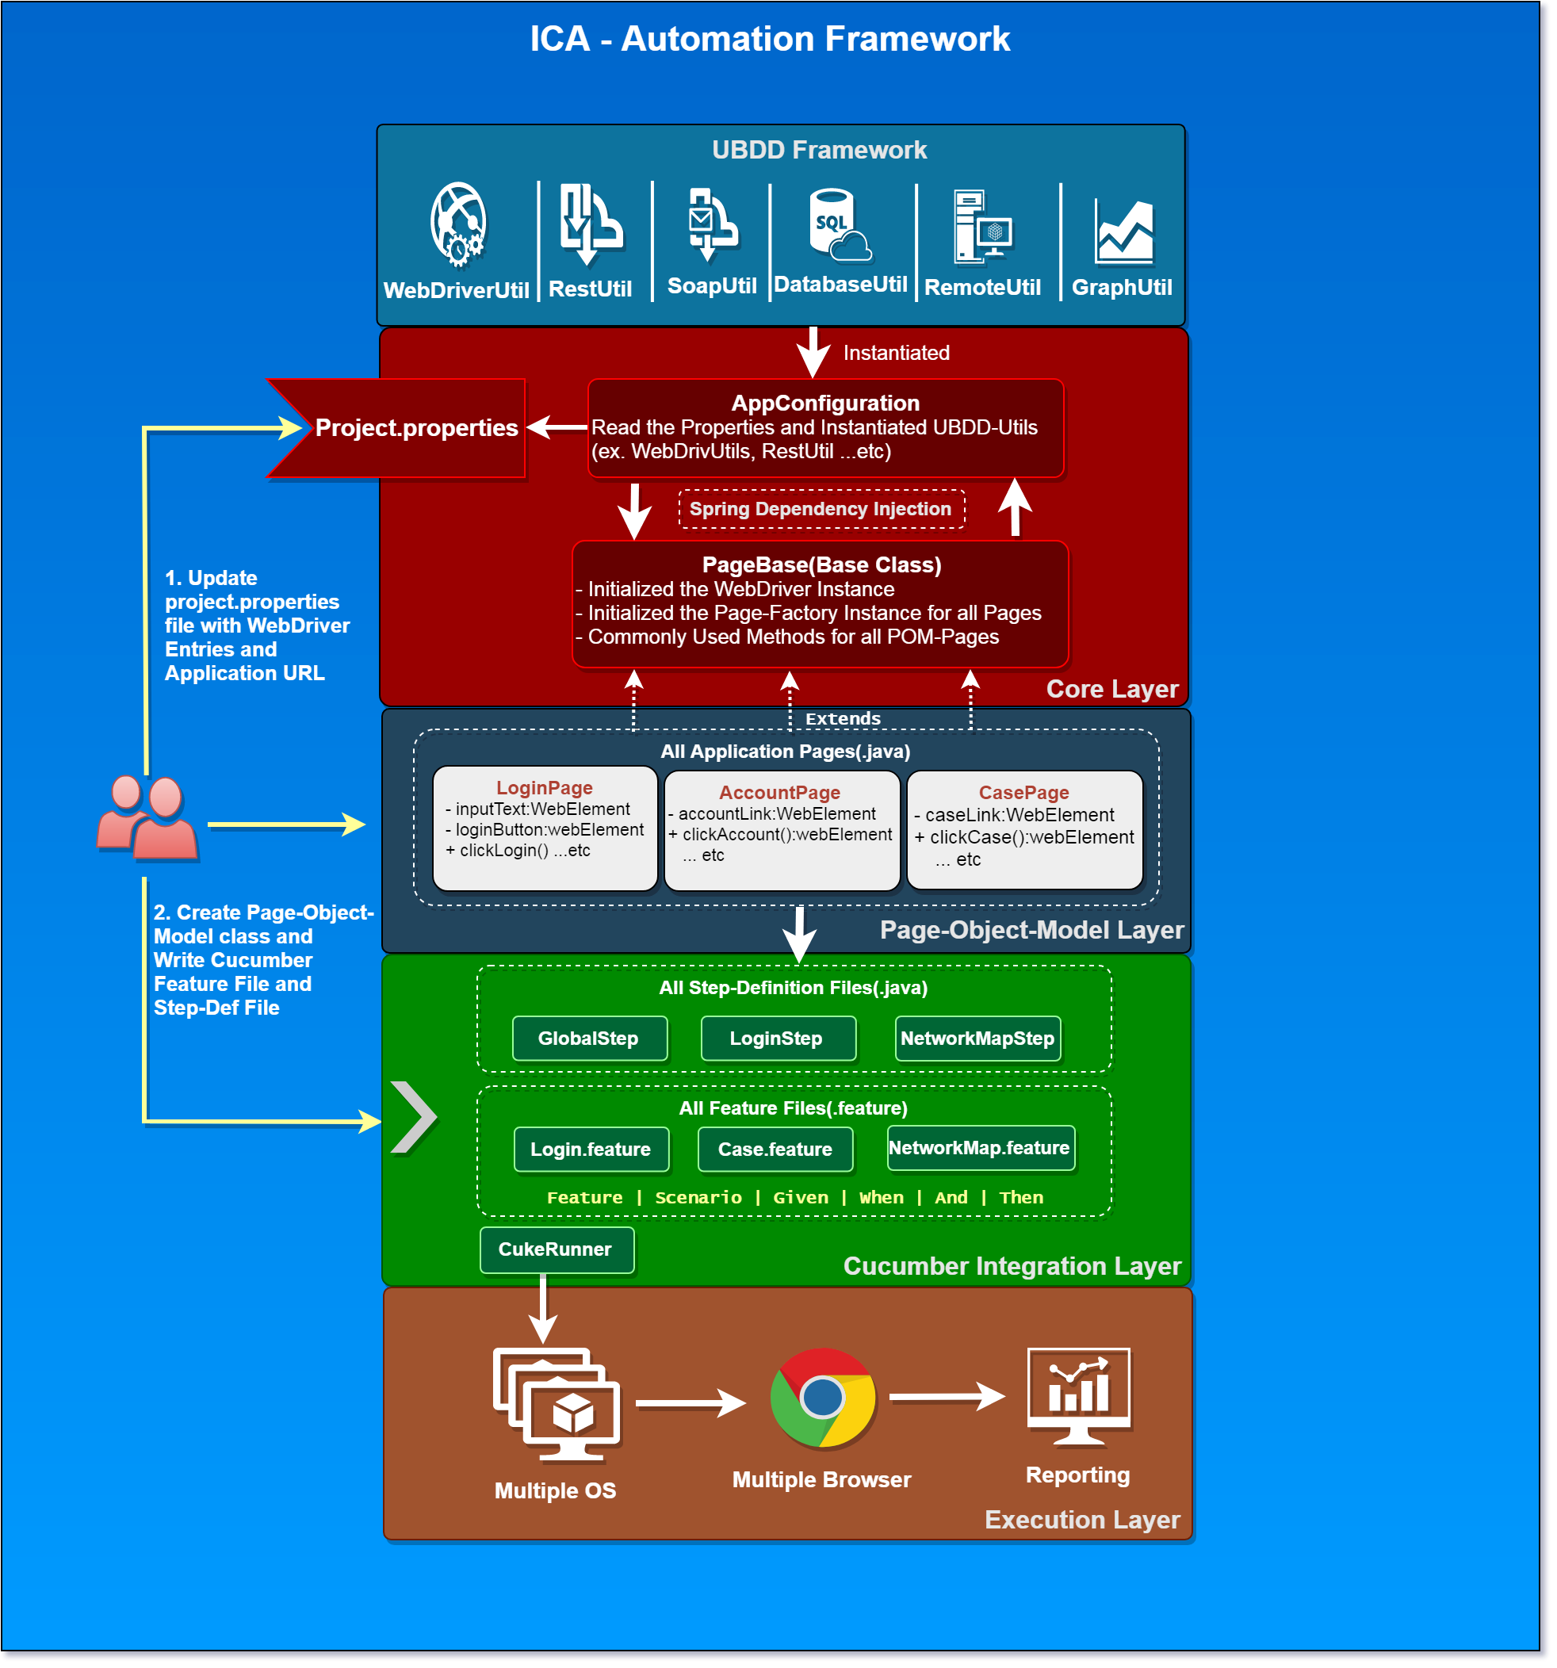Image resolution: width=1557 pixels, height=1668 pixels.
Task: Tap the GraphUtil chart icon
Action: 1123,231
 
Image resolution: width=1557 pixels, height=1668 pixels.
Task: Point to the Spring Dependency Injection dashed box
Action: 821,509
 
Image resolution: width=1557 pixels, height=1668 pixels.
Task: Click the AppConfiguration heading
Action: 824,404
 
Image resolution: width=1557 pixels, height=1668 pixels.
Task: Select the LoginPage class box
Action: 545,828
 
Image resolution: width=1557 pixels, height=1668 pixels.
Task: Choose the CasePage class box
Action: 1023,829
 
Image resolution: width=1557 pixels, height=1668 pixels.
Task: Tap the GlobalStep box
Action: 589,1038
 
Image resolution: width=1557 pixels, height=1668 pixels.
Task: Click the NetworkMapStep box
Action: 977,1038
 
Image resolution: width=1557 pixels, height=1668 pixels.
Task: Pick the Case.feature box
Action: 775,1149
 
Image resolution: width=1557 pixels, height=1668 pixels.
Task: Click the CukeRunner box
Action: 556,1249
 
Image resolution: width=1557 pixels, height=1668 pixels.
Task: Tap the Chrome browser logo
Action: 822,1398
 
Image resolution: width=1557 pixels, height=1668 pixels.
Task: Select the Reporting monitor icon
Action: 1078,1394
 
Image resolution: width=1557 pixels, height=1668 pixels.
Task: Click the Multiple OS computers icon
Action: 557,1403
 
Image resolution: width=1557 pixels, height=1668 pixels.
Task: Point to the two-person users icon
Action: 147,817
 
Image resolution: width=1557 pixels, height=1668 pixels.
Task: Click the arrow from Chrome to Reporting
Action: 947,1397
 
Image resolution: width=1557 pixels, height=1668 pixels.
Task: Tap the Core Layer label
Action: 1111,689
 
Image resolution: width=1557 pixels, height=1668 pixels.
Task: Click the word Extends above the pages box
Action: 842,719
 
